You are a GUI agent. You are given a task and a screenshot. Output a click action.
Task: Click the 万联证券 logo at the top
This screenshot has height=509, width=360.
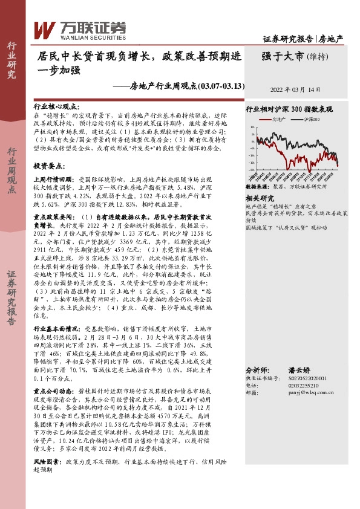coord(79,28)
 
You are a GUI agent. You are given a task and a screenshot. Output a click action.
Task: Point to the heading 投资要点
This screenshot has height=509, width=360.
coord(49,165)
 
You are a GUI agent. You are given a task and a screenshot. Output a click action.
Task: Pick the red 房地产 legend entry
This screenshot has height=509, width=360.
coord(278,120)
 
